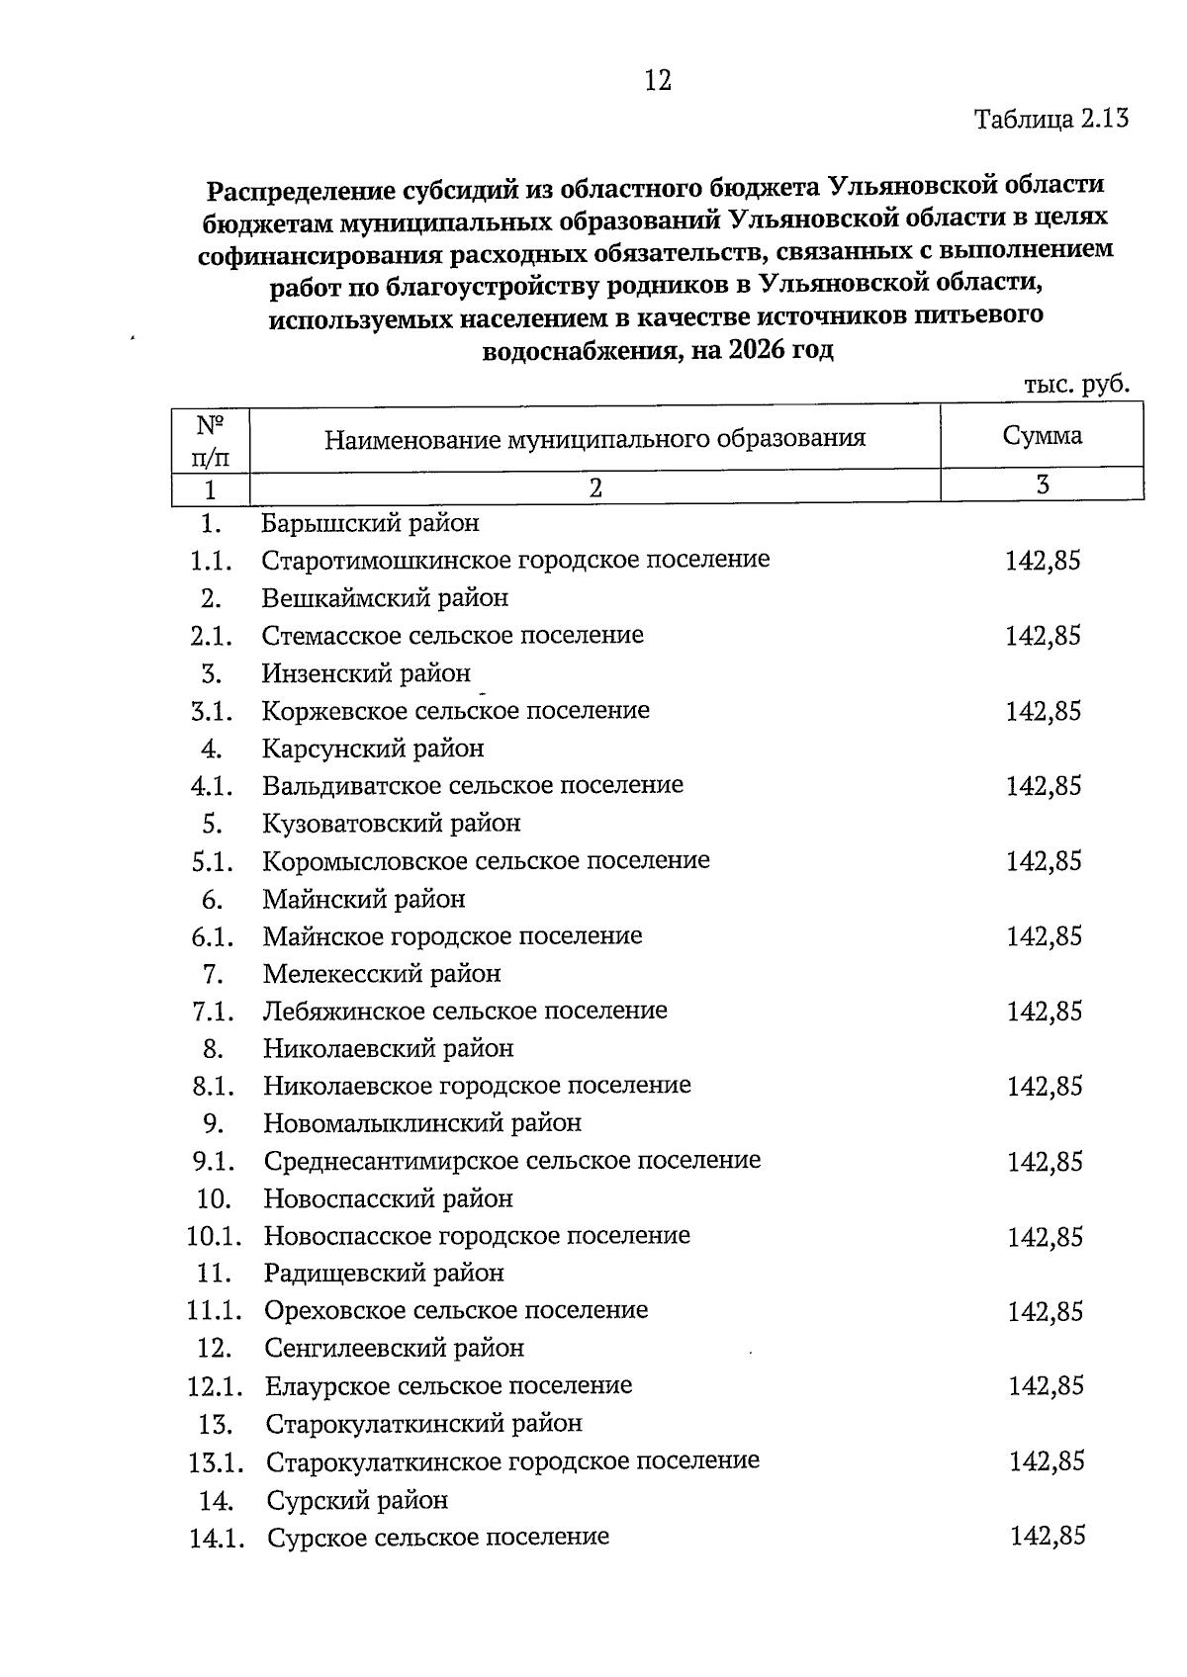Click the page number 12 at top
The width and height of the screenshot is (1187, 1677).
click(658, 80)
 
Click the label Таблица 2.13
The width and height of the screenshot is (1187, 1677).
click(1050, 120)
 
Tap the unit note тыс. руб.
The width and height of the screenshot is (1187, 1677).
click(1076, 384)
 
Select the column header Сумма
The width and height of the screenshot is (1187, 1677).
click(1042, 435)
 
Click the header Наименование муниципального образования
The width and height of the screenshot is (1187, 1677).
click(594, 438)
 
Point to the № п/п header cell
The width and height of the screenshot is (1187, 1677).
click(210, 441)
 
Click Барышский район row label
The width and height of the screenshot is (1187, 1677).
click(370, 522)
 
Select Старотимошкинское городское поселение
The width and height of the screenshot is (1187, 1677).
click(515, 560)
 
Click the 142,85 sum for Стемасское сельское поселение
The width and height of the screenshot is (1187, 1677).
click(1043, 636)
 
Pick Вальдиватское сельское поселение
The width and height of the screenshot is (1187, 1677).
click(473, 785)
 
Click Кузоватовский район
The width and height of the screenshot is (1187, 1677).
click(391, 823)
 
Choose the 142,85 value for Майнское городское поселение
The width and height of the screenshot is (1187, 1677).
click(1044, 935)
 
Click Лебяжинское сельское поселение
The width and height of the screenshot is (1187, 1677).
click(465, 1011)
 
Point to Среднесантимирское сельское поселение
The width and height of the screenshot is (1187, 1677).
click(511, 1160)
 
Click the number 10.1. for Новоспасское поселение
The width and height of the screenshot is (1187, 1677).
click(214, 1236)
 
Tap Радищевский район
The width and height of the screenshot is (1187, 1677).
click(384, 1273)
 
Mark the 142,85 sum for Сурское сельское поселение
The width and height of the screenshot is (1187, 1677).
click(1047, 1536)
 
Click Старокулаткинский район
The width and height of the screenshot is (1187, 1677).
click(423, 1424)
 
